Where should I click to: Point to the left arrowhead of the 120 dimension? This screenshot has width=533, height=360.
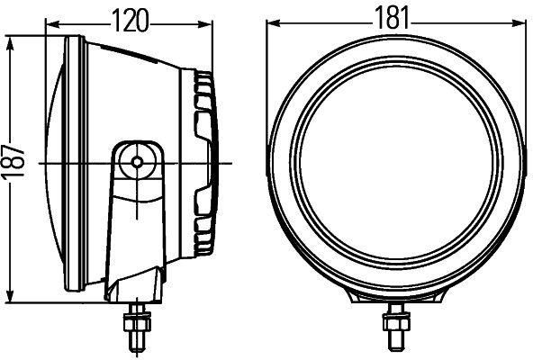[x=48, y=28]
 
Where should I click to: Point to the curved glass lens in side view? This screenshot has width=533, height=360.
[x=54, y=162]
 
